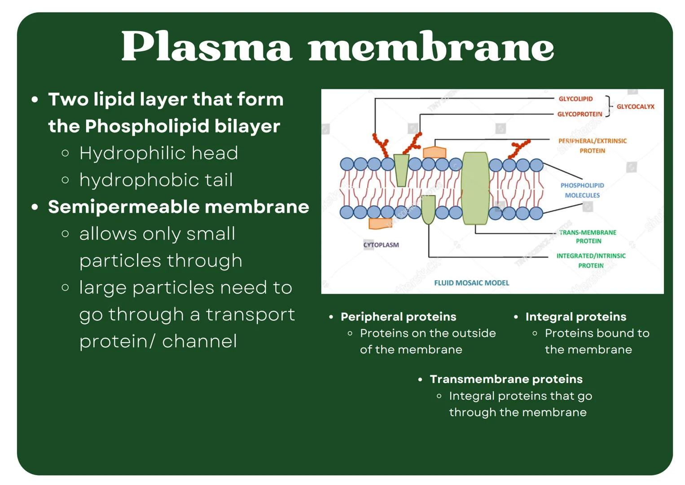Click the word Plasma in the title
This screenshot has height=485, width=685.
point(206,47)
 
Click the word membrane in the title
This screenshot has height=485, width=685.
point(431,47)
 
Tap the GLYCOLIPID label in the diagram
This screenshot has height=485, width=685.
point(575,99)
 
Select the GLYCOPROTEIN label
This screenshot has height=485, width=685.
point(580,114)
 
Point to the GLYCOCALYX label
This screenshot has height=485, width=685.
point(635,106)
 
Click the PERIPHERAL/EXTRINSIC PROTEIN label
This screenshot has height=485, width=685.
point(592,145)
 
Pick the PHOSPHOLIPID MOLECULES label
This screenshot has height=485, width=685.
point(582,190)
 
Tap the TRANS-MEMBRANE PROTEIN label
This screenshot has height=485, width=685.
point(588,237)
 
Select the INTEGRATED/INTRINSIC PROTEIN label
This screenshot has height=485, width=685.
point(591,260)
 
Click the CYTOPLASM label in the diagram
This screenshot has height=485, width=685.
point(381,245)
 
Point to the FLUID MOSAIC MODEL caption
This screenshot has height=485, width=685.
point(471,283)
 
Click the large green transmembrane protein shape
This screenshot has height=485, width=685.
point(475,188)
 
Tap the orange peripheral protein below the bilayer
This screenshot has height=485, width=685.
point(380,223)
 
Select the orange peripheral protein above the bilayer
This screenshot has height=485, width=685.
point(435,152)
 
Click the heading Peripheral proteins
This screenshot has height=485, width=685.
point(398,317)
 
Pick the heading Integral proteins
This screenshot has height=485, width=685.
point(575,317)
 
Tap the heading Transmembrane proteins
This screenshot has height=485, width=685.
point(506,379)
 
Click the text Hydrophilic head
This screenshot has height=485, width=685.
point(158,153)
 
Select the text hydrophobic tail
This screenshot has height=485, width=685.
point(156,180)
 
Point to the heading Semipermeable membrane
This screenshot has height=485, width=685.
point(178,207)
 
